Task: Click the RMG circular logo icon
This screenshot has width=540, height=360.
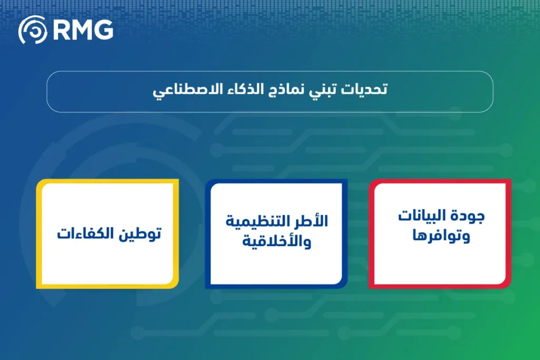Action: (33, 30)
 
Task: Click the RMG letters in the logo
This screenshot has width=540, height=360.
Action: (83, 30)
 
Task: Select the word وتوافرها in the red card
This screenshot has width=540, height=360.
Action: (442, 236)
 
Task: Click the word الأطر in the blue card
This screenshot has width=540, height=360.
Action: (312, 221)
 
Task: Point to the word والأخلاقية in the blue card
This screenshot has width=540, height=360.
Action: (277, 242)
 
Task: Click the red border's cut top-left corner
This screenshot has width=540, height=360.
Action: (373, 184)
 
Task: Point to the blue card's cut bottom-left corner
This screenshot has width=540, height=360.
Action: (209, 284)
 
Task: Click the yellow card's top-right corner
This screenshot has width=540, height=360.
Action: (176, 182)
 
